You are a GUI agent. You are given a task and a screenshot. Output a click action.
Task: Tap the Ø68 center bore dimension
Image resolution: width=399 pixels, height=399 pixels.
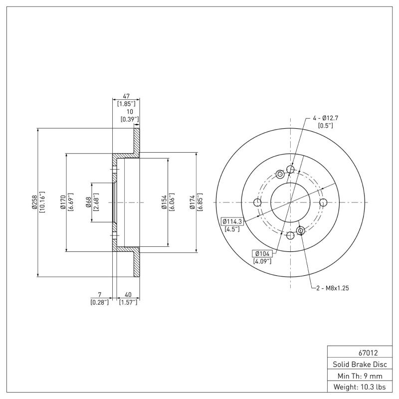88,202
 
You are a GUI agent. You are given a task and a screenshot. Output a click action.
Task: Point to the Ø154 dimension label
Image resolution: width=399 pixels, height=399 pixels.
164,202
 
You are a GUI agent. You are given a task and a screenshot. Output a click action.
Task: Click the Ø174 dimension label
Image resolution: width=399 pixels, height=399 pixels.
193,202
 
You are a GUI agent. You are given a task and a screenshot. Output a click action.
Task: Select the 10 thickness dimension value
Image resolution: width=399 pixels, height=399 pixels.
130,112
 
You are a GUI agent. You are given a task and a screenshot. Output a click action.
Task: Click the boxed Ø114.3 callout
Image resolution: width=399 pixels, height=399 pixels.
231,221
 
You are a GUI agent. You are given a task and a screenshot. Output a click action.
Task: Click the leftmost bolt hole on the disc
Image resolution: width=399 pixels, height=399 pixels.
257,202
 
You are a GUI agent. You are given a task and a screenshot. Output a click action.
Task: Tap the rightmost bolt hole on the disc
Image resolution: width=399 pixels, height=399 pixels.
323,202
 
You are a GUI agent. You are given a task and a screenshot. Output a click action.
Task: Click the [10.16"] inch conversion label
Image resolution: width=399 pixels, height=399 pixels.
42,202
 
